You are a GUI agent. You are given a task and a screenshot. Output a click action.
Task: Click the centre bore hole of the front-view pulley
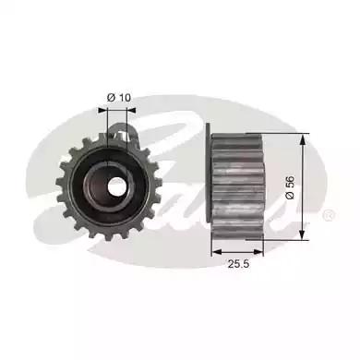[x=117, y=186]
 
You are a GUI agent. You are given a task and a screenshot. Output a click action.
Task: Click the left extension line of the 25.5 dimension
[x=211, y=247]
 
